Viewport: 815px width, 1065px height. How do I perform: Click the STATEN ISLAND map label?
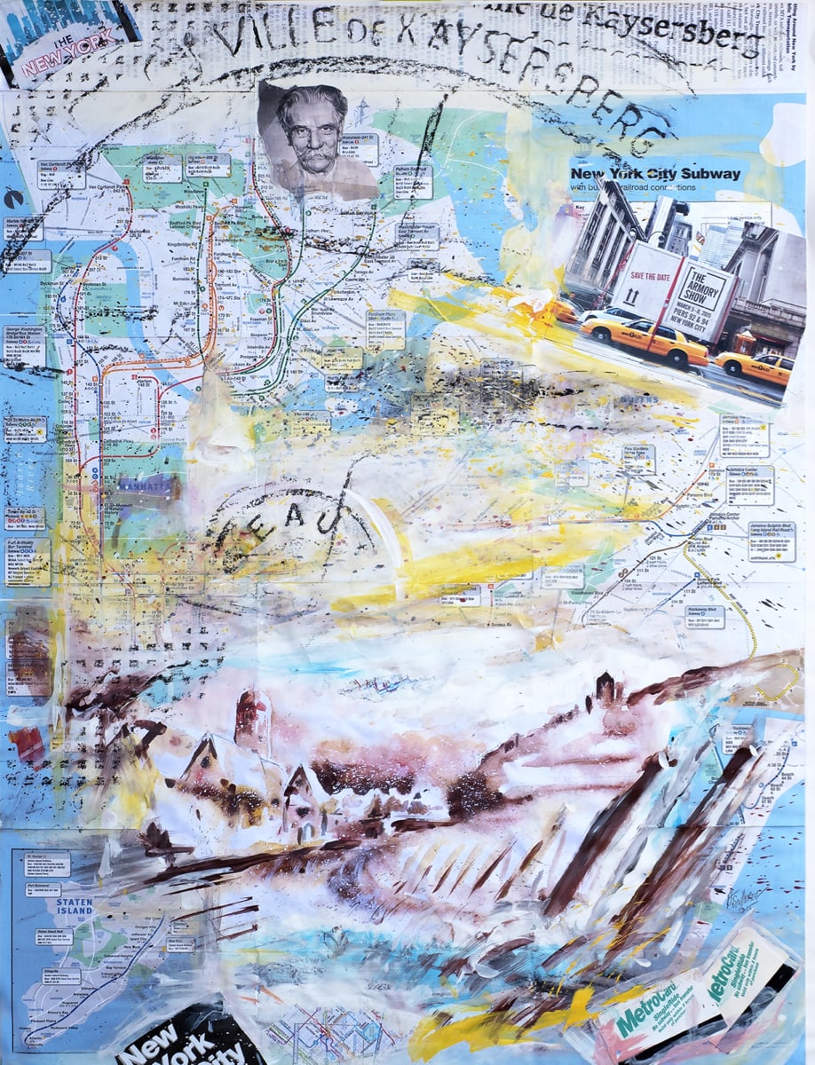click(x=75, y=906)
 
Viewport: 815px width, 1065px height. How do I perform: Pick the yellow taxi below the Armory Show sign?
click(x=643, y=340)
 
